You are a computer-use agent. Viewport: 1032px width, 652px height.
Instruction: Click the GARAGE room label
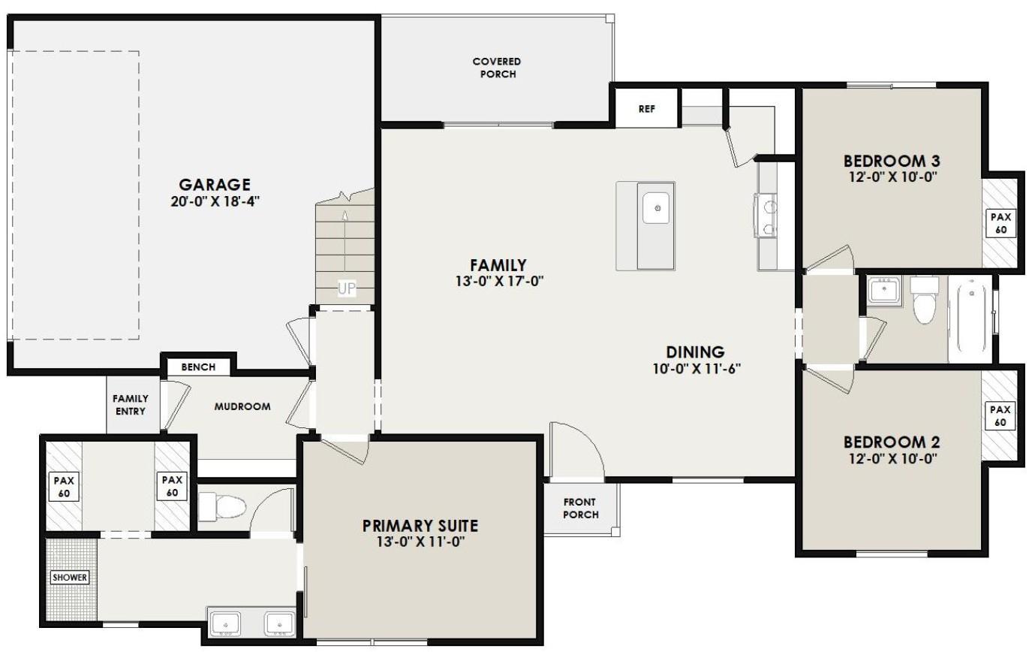(214, 185)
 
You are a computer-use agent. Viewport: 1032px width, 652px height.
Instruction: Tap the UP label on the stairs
(346, 288)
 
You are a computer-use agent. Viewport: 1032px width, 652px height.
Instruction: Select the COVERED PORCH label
(496, 68)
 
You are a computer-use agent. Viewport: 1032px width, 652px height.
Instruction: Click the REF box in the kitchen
(646, 109)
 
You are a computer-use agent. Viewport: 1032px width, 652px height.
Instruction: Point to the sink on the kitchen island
(657, 208)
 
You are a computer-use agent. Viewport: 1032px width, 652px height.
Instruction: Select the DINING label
(695, 352)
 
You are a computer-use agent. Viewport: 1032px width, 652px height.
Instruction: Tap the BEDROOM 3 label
(892, 161)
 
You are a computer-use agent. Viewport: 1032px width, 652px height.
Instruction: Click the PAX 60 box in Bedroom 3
(1001, 223)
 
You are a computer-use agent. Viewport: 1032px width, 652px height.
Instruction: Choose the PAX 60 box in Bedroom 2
(1000, 415)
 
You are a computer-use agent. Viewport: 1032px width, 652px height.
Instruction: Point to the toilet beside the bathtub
(924, 300)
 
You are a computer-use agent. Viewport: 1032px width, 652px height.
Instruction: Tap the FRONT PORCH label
(581, 509)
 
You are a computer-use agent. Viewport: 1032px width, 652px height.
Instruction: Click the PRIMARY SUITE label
(420, 526)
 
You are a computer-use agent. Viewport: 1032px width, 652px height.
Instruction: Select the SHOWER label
(69, 578)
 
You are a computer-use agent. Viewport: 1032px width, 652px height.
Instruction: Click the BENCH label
(198, 367)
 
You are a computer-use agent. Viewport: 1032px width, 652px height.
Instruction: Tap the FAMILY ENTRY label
(131, 405)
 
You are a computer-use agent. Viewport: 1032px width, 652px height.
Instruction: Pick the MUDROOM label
(242, 406)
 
